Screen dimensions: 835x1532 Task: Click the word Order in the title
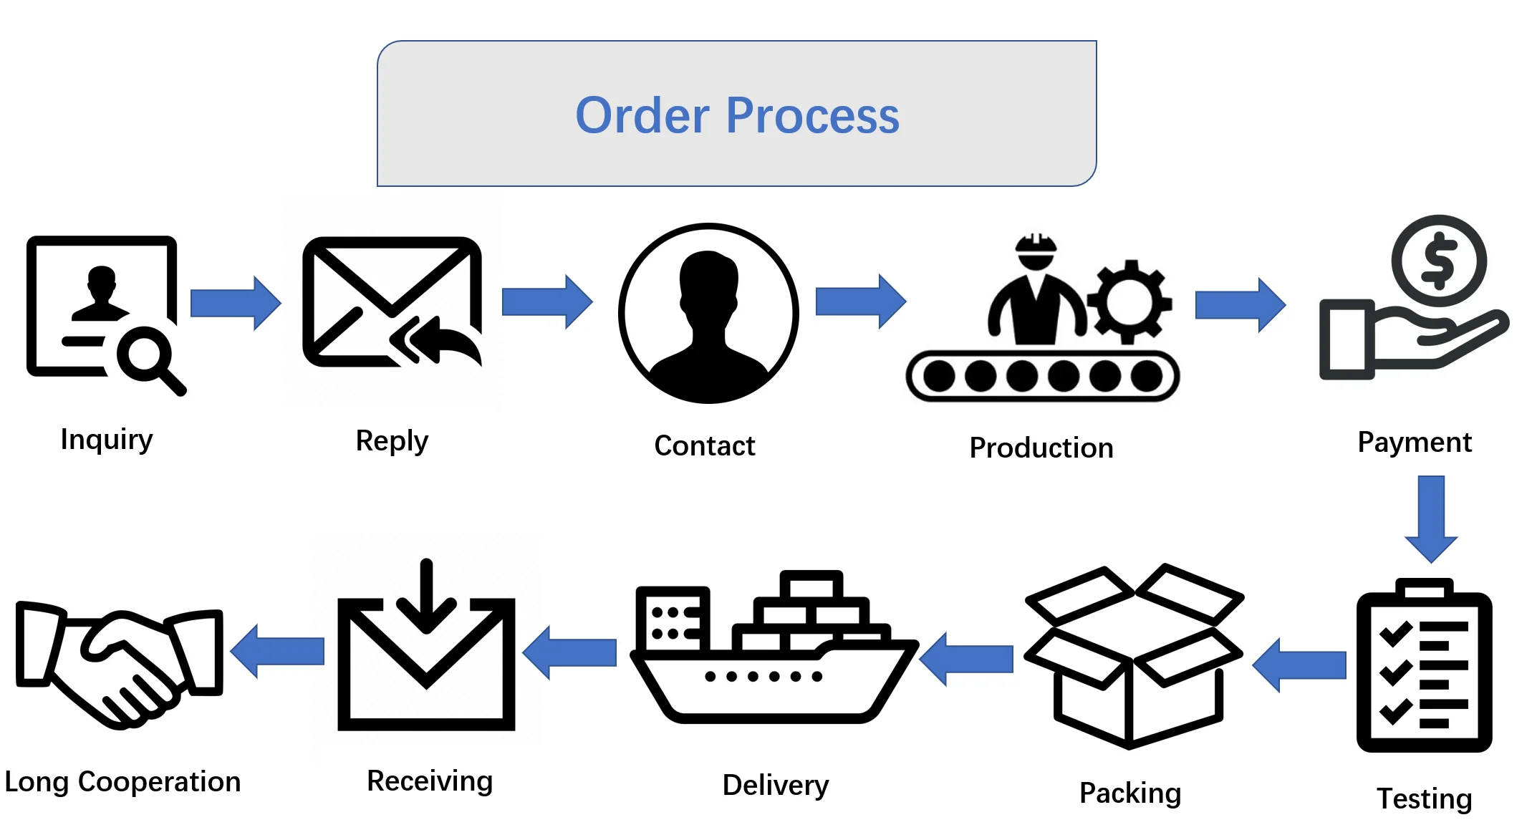pyautogui.click(x=642, y=116)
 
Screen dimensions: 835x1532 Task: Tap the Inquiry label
pyautogui.click(x=107, y=439)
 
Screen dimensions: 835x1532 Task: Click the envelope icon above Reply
pyautogui.click(x=391, y=301)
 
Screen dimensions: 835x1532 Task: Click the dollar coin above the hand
pyautogui.click(x=1439, y=261)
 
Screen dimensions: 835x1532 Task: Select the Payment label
pyautogui.click(x=1415, y=443)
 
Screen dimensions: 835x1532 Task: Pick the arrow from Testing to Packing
pyautogui.click(x=1299, y=665)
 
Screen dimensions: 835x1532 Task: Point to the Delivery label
pyautogui.click(x=776, y=785)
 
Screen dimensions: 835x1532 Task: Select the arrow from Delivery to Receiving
pyautogui.click(x=569, y=652)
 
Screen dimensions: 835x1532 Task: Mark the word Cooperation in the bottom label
pyautogui.click(x=159, y=781)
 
